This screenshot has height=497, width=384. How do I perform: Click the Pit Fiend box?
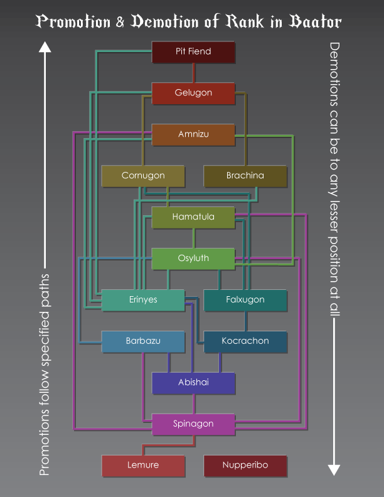pos(193,51)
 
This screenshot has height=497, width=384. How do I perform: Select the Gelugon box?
pos(193,93)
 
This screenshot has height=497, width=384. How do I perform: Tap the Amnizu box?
pos(193,134)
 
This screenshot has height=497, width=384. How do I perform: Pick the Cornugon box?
pos(142,176)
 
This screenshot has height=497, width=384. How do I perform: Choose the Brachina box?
pos(245,176)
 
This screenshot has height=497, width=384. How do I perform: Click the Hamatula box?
pos(193,217)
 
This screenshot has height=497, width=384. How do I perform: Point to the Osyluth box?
pos(193,259)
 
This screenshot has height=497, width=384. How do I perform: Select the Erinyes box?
pos(142,300)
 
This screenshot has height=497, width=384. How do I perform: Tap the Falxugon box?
pos(245,300)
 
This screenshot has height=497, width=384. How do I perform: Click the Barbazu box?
pos(142,341)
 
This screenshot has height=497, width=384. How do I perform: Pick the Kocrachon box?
pos(245,341)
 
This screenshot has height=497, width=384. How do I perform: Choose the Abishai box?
pos(193,383)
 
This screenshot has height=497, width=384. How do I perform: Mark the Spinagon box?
pos(193,424)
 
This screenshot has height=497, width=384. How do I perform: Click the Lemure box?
pos(142,466)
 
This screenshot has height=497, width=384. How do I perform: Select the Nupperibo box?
pos(245,466)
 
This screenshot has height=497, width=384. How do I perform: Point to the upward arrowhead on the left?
pos(44,46)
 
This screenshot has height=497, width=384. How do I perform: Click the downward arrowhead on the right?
pos(334,469)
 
